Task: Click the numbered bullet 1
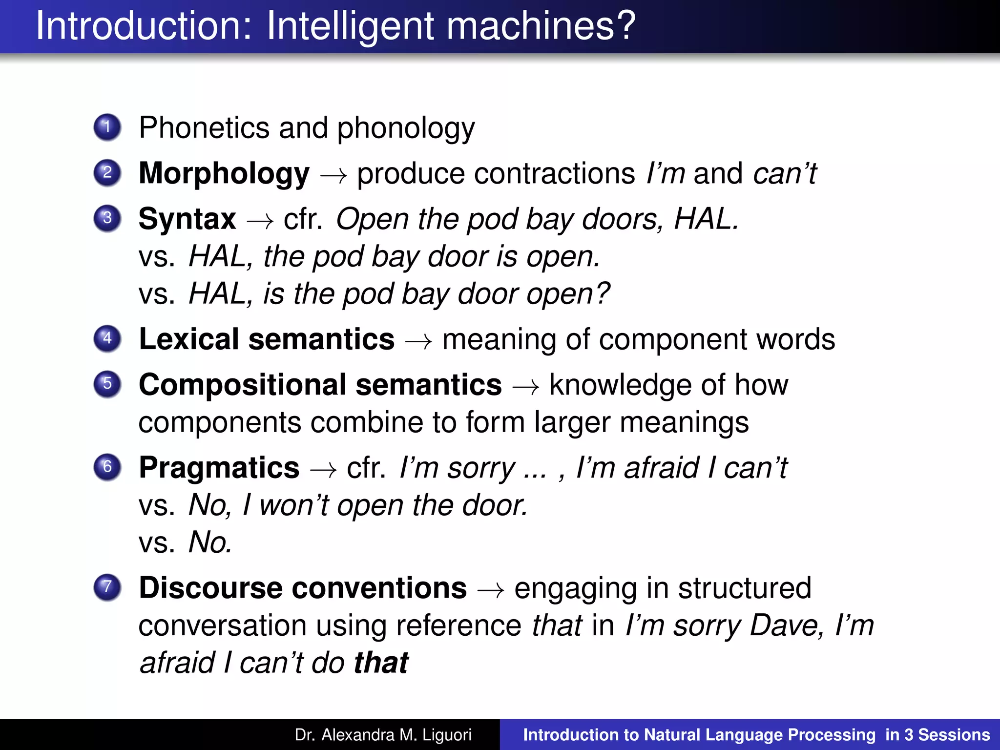tap(107, 127)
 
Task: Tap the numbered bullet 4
tap(107, 338)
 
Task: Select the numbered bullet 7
tap(107, 586)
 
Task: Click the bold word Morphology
tap(224, 174)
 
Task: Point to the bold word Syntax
tap(187, 219)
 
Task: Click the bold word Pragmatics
tap(219, 468)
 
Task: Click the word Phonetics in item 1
tap(204, 128)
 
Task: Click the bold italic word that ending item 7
tap(381, 663)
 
